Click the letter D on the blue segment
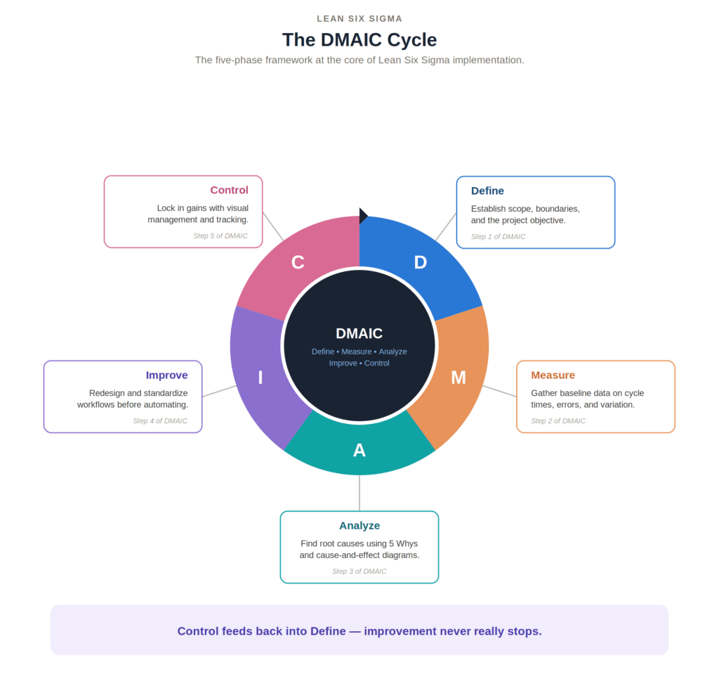421,263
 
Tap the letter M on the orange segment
459,378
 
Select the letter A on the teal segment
359,451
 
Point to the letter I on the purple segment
260,378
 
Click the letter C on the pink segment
298,263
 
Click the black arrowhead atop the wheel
363,216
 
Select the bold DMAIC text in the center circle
359,333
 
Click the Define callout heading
487,191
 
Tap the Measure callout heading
553,375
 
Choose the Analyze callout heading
359,526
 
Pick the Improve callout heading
167,375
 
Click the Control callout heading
230,190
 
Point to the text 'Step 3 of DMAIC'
359,572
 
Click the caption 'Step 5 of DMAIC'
220,236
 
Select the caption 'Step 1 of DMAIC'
499,237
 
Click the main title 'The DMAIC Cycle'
359,40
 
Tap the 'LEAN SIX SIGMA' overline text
359,19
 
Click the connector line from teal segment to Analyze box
359,493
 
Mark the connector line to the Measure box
500,391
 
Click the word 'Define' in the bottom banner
328,632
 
